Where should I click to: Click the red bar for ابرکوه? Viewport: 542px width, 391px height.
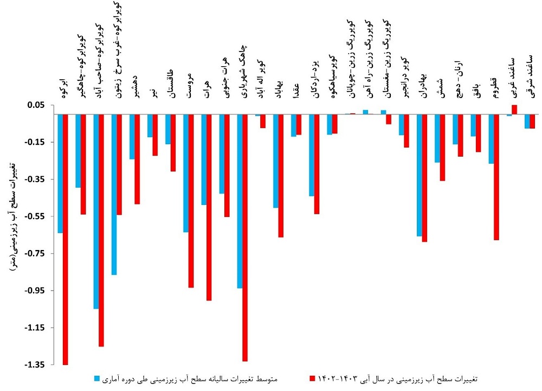(x=66, y=239)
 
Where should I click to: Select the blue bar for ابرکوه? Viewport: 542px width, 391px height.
(x=60, y=174)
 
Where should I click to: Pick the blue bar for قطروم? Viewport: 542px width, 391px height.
(x=491, y=139)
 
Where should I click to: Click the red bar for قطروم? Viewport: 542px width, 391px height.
(x=496, y=177)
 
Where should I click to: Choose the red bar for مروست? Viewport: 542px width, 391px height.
(x=191, y=201)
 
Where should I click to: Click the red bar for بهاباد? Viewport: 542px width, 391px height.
(x=281, y=176)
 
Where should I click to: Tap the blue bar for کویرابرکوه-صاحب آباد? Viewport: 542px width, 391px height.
(x=96, y=211)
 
